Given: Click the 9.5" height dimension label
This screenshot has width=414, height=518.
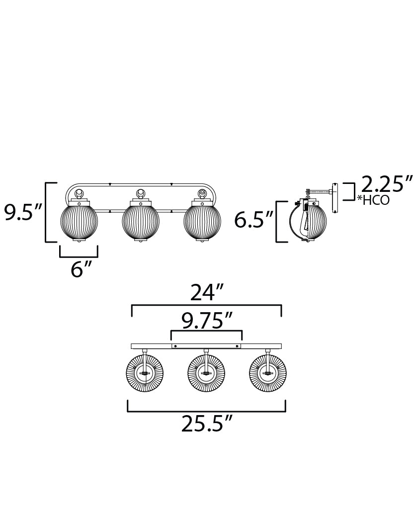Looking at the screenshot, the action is point(23,212).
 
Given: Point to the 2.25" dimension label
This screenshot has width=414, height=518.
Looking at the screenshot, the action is point(387,183).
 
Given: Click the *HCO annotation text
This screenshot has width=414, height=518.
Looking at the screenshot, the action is point(373,200).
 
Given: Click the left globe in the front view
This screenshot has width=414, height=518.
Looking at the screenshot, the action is point(80,222).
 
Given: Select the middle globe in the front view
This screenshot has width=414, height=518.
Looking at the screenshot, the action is point(141,222).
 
